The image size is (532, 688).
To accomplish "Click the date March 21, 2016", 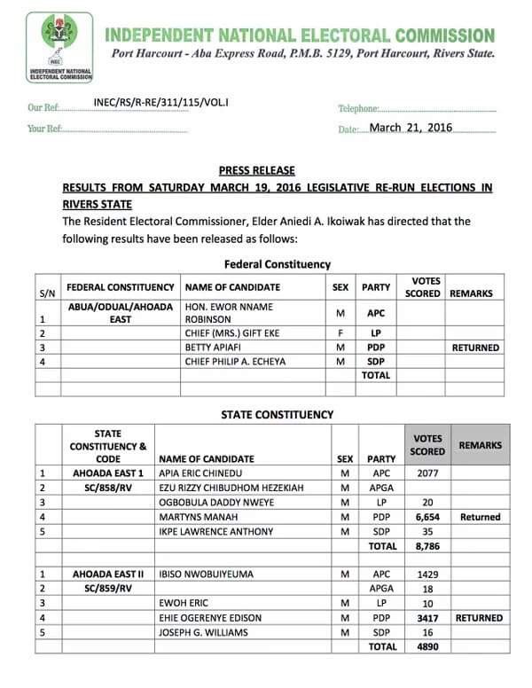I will tap(411, 128).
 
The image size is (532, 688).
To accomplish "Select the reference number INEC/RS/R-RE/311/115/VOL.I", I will tap(160, 103).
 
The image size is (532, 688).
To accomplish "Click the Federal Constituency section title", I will tap(278, 264).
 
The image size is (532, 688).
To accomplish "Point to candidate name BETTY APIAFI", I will tap(213, 348).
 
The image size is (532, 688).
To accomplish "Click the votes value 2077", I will tap(428, 473).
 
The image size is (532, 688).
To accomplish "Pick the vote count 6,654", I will tap(428, 517).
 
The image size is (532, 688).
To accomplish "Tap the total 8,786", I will tap(428, 547).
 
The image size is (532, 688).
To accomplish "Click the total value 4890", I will tap(428, 647).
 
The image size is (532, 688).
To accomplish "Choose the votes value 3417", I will tap(428, 618).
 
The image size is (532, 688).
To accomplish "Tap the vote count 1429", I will tap(428, 575).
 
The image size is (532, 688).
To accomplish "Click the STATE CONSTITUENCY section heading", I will tap(277, 414).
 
